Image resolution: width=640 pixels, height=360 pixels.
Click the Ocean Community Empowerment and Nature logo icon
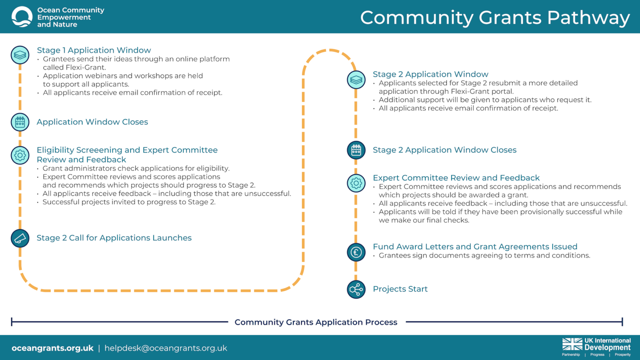(22, 17)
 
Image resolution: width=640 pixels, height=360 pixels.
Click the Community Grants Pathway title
(495, 17)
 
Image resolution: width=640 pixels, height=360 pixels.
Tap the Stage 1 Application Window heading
(94, 50)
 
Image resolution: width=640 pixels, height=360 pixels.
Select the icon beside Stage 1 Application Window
(20, 55)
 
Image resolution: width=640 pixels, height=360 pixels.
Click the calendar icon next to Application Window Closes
(20, 122)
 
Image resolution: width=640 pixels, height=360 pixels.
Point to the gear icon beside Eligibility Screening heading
(20, 155)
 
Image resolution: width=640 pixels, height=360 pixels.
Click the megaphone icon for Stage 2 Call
(20, 238)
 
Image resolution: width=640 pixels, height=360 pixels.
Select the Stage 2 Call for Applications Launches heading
(114, 238)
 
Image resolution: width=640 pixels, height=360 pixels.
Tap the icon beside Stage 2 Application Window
(356, 79)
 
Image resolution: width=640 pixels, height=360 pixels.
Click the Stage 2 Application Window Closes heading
(444, 150)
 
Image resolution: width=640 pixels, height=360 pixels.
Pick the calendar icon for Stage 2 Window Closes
(356, 150)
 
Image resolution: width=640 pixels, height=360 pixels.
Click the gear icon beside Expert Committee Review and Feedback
(356, 183)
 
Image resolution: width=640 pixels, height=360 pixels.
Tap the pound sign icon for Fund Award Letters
(356, 252)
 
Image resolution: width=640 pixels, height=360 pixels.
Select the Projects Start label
(400, 289)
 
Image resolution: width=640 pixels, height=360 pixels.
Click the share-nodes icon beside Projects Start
(356, 289)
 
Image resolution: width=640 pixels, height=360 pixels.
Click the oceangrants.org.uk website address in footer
(52, 348)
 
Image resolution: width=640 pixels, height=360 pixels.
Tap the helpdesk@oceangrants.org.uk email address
(166, 348)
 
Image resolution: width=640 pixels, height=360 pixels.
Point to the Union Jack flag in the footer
(572, 344)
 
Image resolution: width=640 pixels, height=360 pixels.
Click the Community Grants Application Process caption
(316, 322)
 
